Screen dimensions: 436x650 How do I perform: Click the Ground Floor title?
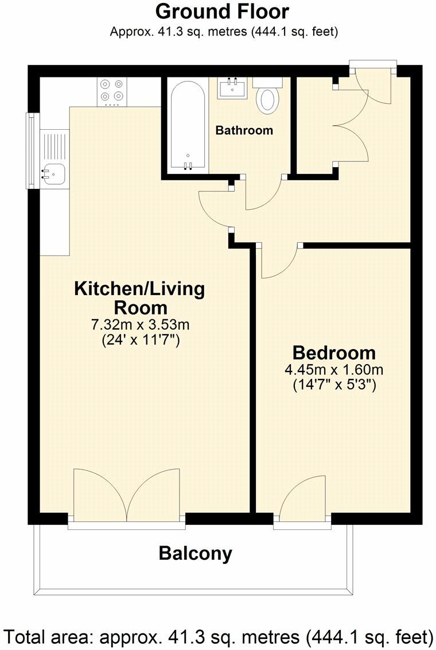point(222,11)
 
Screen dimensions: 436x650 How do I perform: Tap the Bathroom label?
point(244,130)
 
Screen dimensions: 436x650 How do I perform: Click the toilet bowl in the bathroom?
point(268,100)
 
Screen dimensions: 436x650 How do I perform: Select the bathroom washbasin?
point(232,88)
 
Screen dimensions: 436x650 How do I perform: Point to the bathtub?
point(188,126)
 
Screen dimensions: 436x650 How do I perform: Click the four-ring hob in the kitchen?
point(112,92)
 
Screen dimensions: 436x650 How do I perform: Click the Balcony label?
point(196,554)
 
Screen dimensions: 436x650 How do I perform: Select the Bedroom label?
point(334,353)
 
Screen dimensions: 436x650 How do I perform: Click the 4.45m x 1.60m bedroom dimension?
point(334,369)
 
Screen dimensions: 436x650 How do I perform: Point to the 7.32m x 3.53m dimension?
point(140,324)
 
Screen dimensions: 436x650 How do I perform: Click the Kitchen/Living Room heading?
point(139,298)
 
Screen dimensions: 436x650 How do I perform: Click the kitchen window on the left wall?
point(30,150)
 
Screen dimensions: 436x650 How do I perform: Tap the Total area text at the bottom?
point(218,636)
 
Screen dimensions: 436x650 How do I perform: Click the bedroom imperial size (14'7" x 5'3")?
point(334,385)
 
